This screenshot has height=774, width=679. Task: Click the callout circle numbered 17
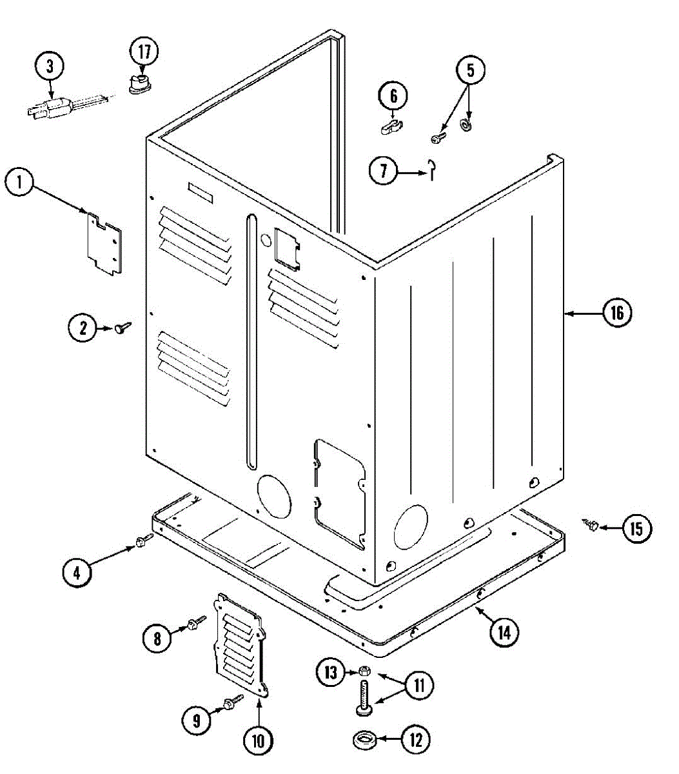144,52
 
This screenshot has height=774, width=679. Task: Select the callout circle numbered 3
50,66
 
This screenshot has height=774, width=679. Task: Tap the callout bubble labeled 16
617,313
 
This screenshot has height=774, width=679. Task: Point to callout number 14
504,632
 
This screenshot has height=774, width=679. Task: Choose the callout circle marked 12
416,739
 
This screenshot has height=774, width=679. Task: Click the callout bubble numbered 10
258,740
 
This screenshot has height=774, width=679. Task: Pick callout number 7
384,171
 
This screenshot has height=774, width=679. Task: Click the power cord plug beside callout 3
46,108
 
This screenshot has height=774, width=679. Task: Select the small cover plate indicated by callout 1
104,243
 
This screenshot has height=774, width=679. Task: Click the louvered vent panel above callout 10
241,645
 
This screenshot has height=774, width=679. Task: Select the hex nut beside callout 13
364,671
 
